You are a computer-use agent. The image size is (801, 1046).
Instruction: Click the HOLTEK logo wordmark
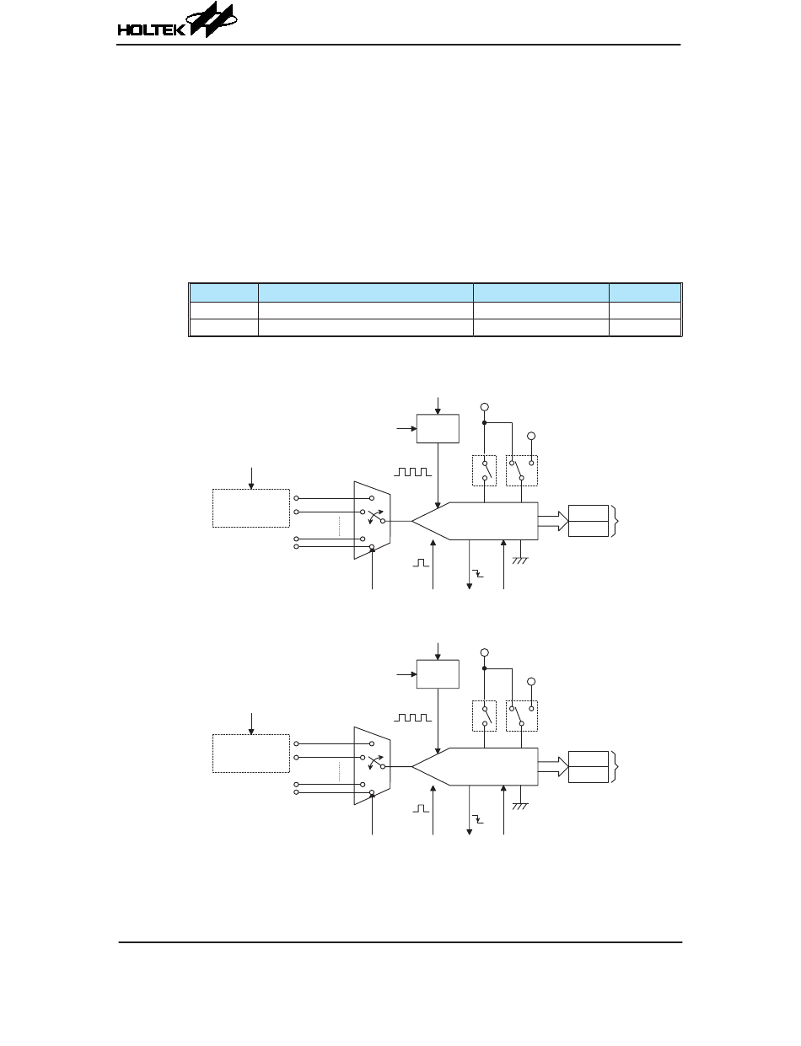point(151,30)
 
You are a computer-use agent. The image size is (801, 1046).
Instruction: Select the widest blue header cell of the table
point(365,292)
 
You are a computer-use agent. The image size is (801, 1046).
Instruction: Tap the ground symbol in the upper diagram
point(520,561)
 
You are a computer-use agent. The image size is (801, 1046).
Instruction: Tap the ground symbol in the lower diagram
point(520,807)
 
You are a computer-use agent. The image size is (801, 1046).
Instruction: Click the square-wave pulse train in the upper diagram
point(412,472)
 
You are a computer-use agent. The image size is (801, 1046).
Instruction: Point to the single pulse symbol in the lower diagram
point(421,808)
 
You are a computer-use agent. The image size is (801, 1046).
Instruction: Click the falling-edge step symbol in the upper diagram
point(477,573)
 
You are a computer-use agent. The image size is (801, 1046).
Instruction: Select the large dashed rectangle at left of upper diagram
point(251,508)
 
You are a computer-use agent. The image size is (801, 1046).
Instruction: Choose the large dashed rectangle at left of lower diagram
point(251,754)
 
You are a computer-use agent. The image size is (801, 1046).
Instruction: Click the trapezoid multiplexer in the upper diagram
point(372,520)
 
